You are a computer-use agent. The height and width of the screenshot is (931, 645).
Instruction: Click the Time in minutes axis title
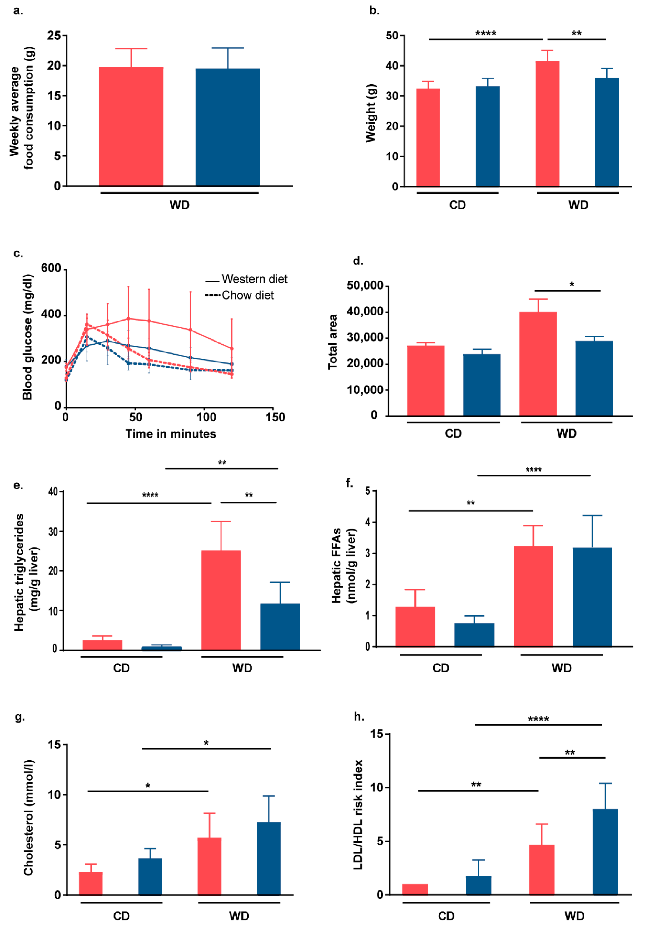pyautogui.click(x=171, y=434)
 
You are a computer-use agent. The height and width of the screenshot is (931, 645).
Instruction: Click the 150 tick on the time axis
pyautogui.click(x=275, y=417)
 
